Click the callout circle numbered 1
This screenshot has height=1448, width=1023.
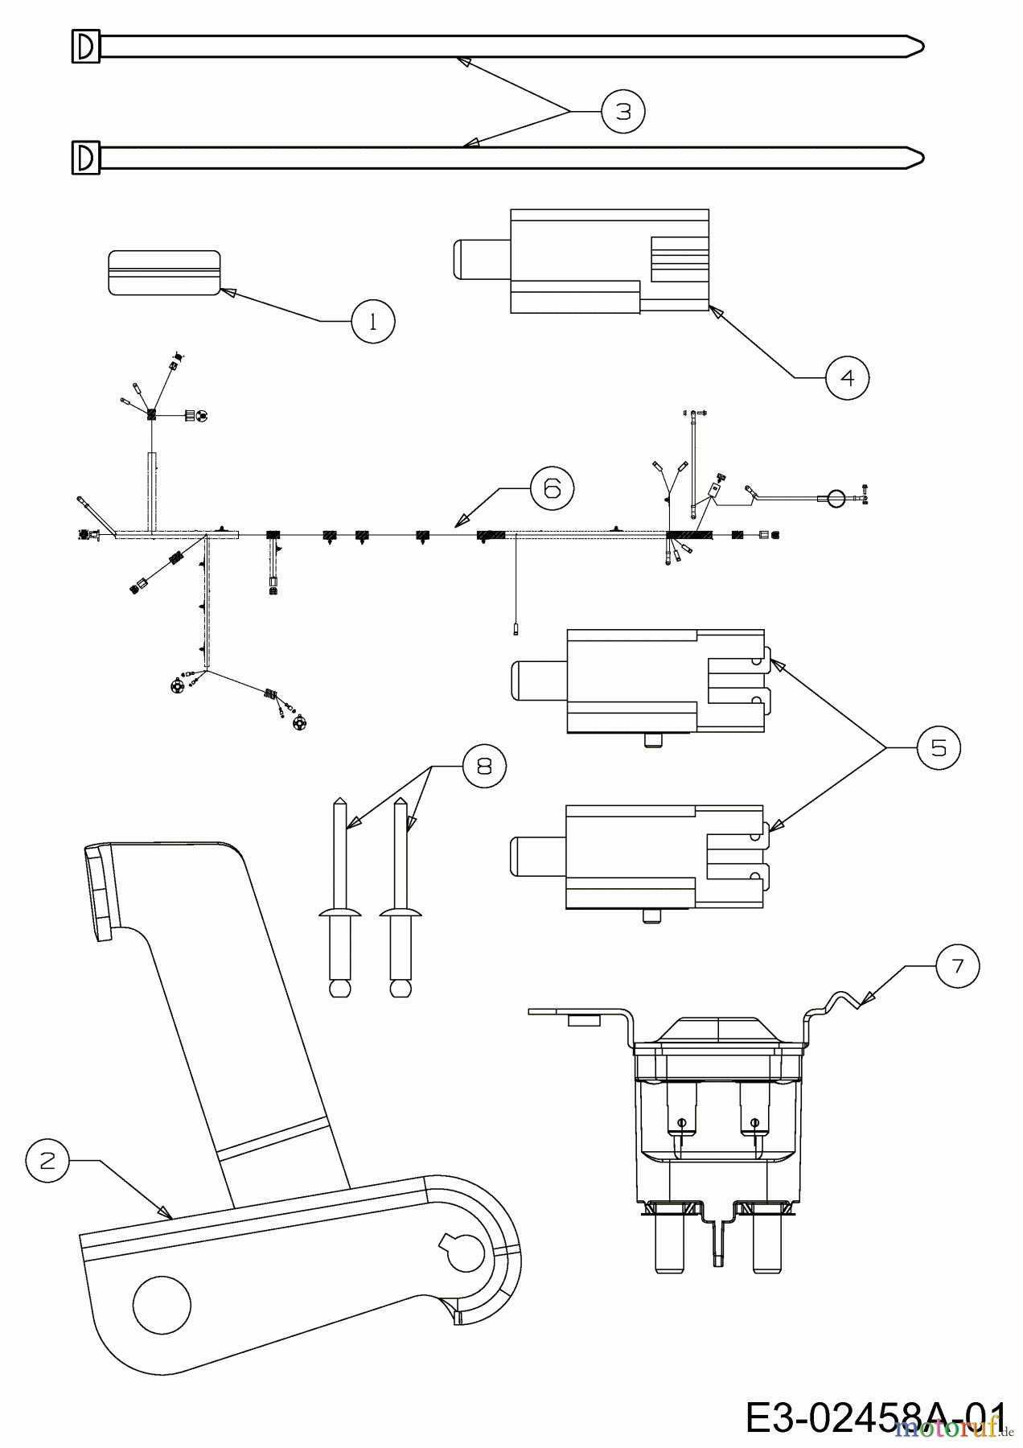(372, 321)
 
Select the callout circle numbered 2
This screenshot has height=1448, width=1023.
(47, 1161)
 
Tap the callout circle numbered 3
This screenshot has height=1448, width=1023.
(623, 111)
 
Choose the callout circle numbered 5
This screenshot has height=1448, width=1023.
(939, 748)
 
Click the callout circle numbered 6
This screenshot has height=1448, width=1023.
(553, 488)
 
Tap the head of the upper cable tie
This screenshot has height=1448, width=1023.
(86, 46)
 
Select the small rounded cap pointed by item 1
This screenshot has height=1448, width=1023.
(164, 273)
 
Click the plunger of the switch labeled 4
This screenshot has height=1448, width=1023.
(480, 261)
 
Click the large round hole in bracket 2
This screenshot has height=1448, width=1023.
(162, 1303)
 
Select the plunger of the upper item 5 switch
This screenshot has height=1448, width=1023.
(539, 681)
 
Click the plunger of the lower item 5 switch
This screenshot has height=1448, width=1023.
(538, 858)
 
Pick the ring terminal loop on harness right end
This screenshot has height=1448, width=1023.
(836, 499)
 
